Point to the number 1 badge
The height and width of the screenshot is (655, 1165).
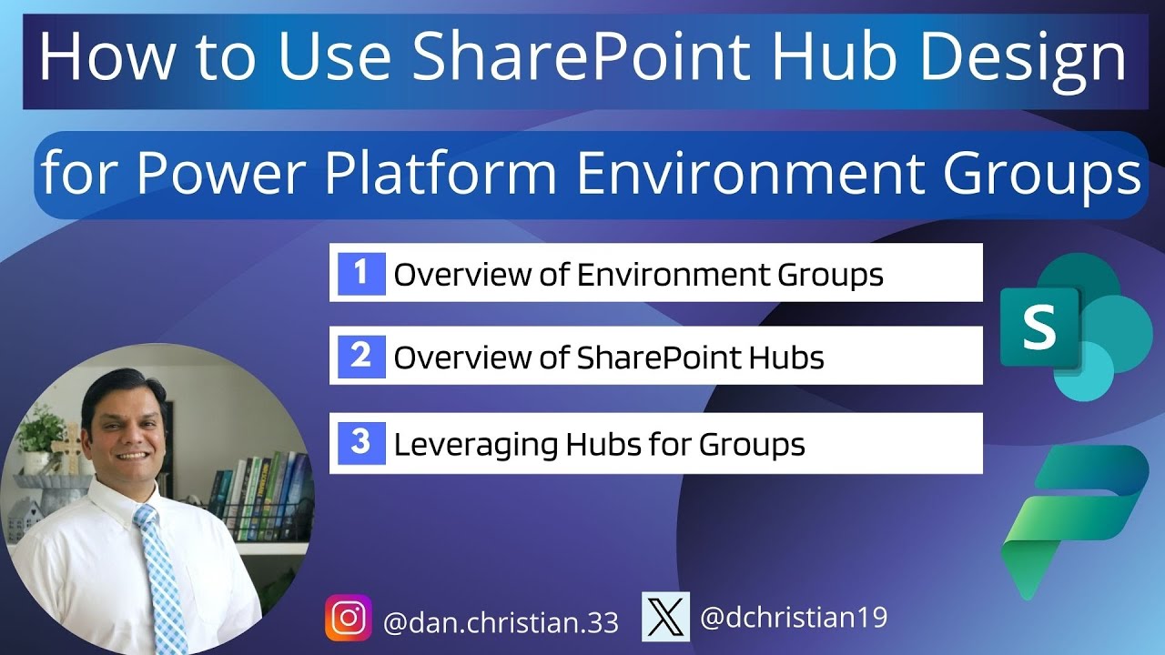coord(361,273)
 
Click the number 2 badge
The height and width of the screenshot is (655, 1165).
coord(361,356)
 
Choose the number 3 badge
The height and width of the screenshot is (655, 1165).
coord(361,443)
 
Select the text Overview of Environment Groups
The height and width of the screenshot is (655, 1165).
coord(638,274)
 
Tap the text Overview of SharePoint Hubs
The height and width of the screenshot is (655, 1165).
coord(608,358)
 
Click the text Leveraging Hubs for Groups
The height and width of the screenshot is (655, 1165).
coord(599,444)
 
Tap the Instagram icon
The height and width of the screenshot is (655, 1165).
coord(349,618)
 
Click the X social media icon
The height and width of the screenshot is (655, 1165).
coord(665,617)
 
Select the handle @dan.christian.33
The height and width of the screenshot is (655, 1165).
coord(501,622)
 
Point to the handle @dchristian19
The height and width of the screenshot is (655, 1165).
coord(793,619)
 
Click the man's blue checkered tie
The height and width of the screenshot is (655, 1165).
coord(160,573)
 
